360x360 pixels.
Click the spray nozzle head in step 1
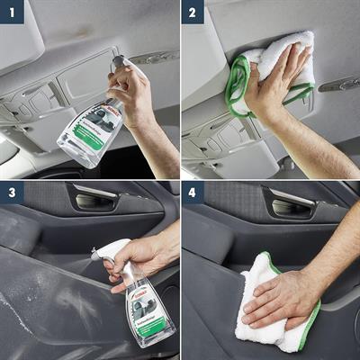click(120, 63)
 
